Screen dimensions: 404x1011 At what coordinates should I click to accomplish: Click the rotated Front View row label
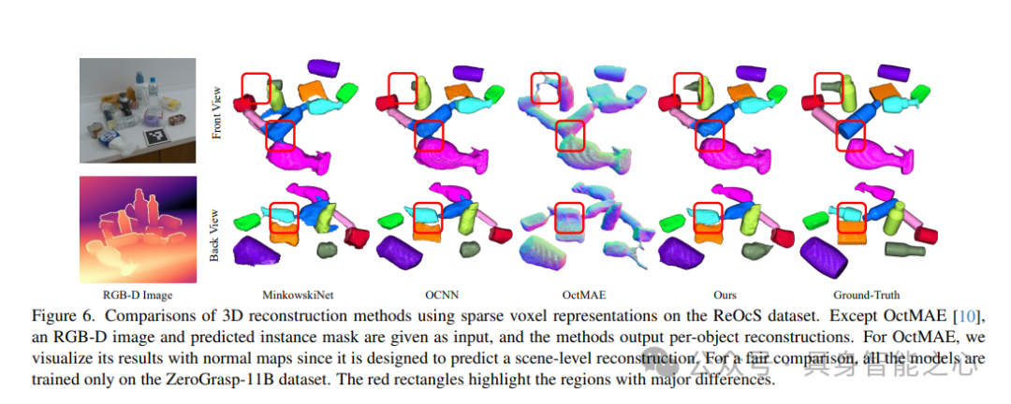(216, 113)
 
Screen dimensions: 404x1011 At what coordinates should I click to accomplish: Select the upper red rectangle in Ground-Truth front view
(828, 88)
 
